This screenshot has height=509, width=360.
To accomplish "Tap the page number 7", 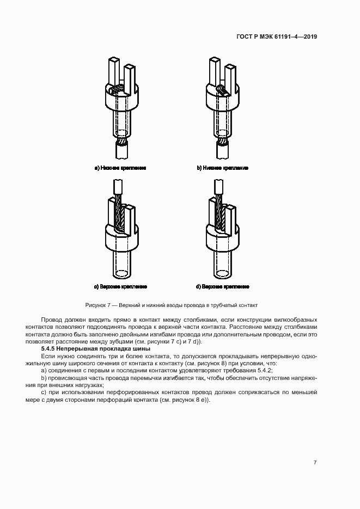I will [315, 462].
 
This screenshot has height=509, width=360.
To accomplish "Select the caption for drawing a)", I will [120, 168].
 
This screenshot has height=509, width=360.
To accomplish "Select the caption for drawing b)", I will [222, 168].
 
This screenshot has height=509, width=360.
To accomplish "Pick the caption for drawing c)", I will [120, 286].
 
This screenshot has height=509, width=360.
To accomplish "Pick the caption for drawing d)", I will [222, 286].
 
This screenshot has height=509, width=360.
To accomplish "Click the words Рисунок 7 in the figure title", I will [99, 305].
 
